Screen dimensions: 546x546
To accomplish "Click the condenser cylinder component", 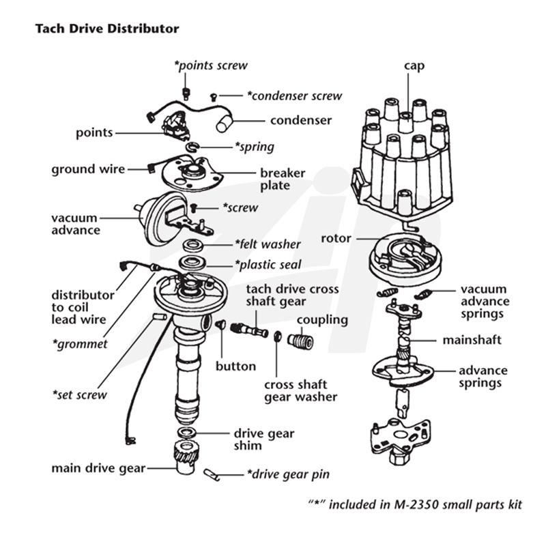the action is click(225, 123).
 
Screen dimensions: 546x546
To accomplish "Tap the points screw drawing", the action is click(186, 94).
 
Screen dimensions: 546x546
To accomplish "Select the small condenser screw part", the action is click(214, 97).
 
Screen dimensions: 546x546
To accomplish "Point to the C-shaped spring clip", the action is click(192, 147).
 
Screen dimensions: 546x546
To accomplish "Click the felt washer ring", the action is click(192, 245).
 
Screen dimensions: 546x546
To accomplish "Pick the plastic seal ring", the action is click(192, 263).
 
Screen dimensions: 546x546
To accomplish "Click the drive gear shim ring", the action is click(186, 433).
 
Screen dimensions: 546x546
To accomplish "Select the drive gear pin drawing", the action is click(212, 474).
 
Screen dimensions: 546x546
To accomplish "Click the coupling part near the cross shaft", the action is click(300, 341).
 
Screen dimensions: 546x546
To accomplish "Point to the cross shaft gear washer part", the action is click(278, 336).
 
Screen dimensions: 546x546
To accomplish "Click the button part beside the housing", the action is click(219, 325).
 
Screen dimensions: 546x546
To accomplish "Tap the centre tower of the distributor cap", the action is click(405, 122).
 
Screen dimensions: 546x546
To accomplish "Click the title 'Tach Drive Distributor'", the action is click(107, 29).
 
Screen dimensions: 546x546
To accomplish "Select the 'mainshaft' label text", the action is click(472, 340).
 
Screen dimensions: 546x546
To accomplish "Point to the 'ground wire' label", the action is click(88, 169).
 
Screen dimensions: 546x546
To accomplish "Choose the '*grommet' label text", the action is click(80, 344).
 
